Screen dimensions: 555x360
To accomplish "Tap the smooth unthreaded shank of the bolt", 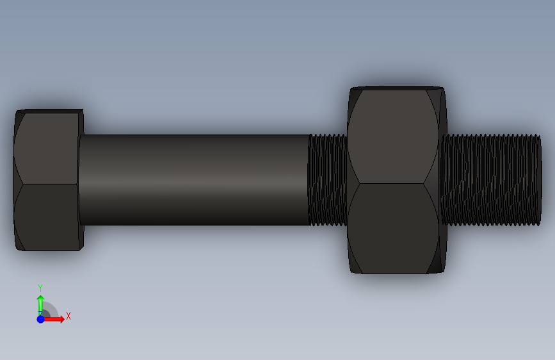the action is [x=194, y=179].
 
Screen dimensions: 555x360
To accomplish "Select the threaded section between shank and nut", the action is [x=328, y=179].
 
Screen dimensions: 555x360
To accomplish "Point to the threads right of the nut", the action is [x=491, y=179].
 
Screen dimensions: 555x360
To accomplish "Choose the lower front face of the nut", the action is [x=392, y=228].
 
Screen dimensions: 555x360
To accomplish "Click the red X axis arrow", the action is [x=53, y=319].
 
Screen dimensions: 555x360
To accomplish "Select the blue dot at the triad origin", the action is [x=41, y=319].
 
